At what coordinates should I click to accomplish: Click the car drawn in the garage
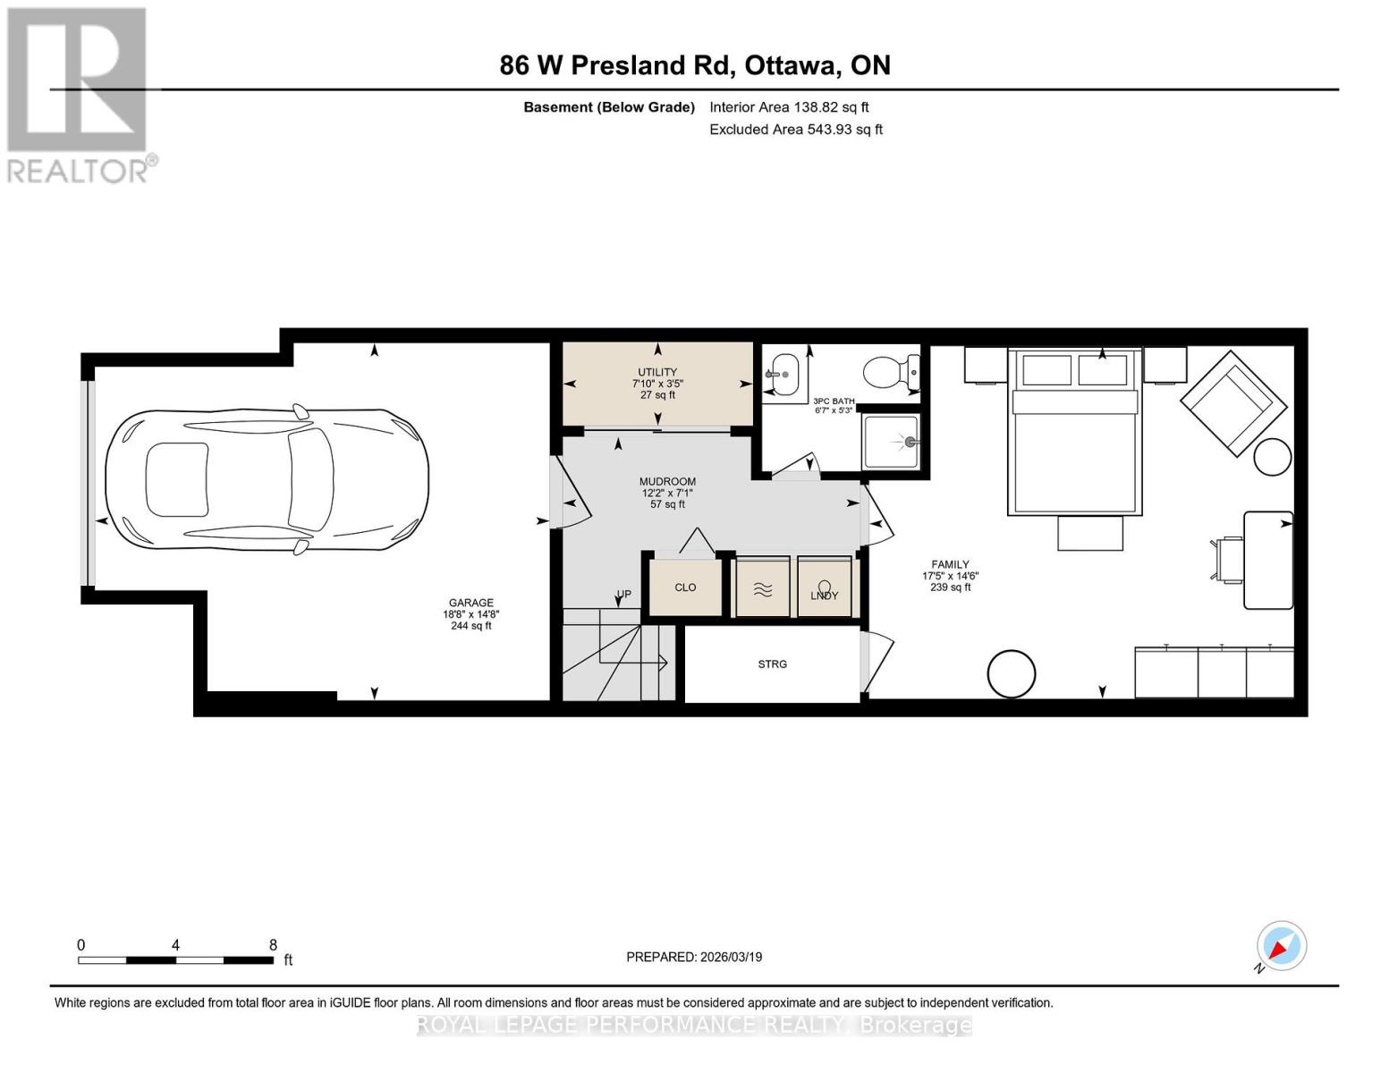point(267,480)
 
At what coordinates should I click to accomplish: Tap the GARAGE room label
point(470,604)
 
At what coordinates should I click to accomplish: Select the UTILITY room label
point(657,372)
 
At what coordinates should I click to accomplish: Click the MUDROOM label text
point(667,482)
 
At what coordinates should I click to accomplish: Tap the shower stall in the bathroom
point(891,442)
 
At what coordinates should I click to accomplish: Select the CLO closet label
point(685,587)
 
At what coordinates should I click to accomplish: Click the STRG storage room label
point(773,664)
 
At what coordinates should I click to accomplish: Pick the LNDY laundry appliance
point(824,588)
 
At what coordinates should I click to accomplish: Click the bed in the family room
point(1075,434)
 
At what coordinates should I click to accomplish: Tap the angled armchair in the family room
point(1227,402)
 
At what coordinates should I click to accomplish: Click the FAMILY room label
point(950,565)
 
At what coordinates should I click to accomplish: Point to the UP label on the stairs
point(623,595)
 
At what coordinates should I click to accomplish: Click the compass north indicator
point(1281,946)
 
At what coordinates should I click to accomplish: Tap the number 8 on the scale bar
point(273,945)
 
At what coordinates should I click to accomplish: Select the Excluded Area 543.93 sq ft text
point(795,130)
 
